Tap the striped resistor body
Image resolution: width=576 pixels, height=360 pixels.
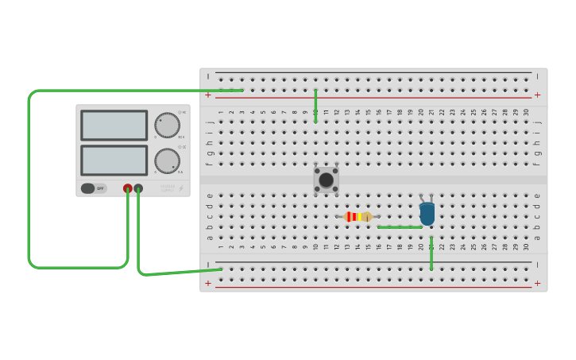(x=358, y=216)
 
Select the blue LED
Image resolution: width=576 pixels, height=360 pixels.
(x=427, y=213)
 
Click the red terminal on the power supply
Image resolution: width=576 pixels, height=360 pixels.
(x=128, y=188)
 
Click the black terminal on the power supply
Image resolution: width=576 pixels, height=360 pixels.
(x=138, y=188)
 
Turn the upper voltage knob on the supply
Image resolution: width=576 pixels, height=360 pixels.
(x=167, y=125)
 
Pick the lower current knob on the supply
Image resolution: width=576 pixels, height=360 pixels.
(x=167, y=161)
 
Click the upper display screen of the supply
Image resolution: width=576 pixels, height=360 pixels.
(x=114, y=125)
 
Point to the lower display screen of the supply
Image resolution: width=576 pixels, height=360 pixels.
(x=114, y=160)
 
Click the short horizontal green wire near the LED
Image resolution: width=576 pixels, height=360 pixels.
(x=400, y=227)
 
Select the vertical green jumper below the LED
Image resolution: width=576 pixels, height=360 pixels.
(x=431, y=253)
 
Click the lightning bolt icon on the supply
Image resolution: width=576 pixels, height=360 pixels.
(x=180, y=188)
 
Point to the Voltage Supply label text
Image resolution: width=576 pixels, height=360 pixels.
(x=167, y=188)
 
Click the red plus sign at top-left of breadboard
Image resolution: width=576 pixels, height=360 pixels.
(x=208, y=95)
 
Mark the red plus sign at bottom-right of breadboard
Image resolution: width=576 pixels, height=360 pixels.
(x=537, y=283)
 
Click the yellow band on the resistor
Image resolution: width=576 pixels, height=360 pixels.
(x=362, y=216)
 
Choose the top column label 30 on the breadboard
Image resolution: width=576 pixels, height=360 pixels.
(x=526, y=112)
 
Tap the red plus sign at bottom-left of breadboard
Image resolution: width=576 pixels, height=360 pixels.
(x=208, y=283)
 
